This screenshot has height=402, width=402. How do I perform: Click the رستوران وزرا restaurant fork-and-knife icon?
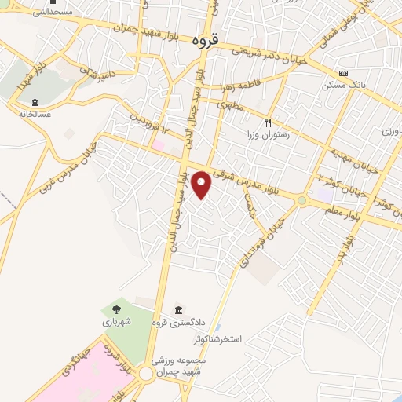[x=268, y=123]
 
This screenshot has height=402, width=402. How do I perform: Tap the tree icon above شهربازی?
[x=117, y=309]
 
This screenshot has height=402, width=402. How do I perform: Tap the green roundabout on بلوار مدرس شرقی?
[x=301, y=201]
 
